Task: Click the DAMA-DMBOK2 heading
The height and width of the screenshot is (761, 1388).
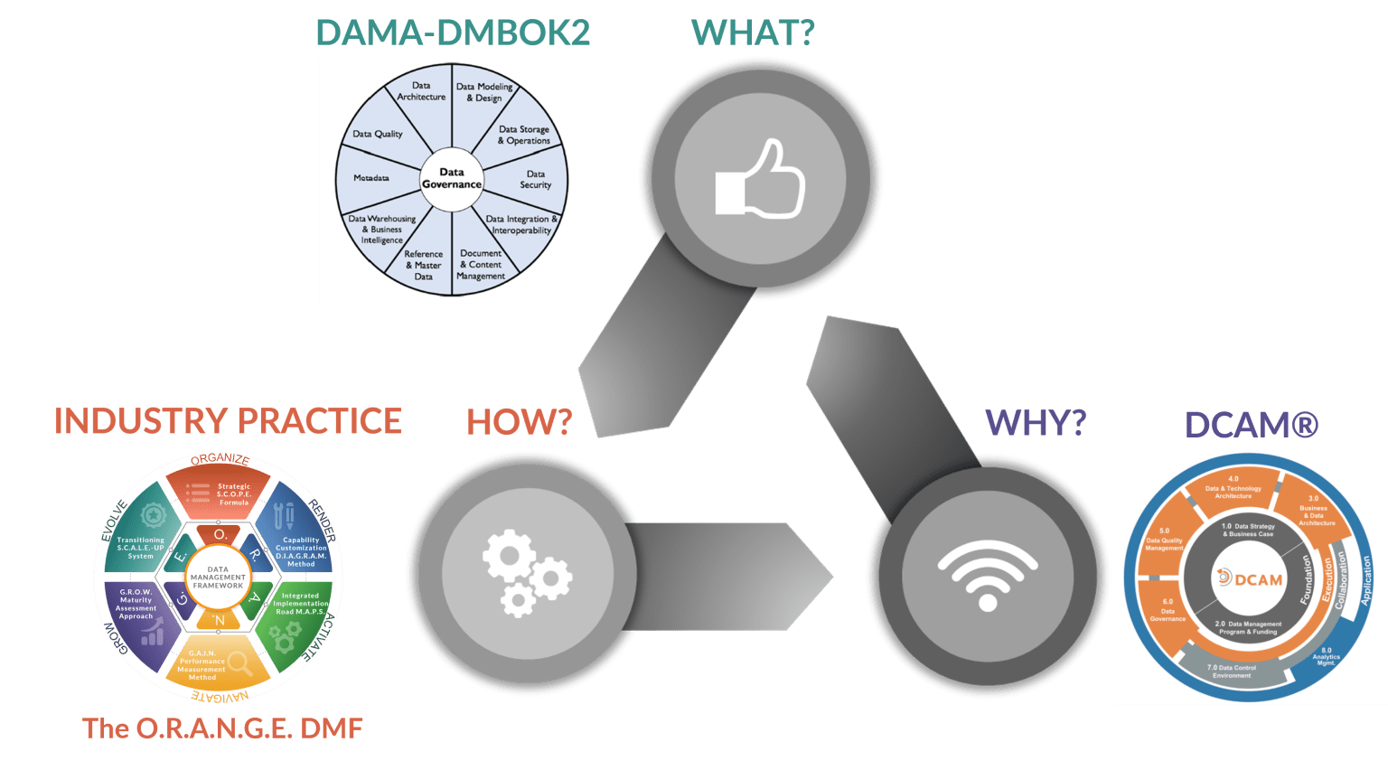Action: (453, 33)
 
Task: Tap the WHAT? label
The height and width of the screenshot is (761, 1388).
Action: (753, 33)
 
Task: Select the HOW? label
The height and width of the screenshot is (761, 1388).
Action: (519, 421)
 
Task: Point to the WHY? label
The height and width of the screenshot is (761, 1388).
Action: (1035, 421)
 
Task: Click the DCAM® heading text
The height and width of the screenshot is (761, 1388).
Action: (1252, 424)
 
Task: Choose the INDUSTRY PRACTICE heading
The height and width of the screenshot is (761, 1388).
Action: (227, 421)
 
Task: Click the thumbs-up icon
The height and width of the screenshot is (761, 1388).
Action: (759, 178)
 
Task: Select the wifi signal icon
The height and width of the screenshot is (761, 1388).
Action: (987, 576)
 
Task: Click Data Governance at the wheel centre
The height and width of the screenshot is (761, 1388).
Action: (452, 178)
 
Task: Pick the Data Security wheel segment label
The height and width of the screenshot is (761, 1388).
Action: (535, 179)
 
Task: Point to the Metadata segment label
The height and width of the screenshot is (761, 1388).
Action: (371, 178)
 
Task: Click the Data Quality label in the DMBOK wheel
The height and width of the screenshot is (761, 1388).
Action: (378, 134)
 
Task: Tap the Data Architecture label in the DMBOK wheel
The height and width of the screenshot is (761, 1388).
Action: (421, 91)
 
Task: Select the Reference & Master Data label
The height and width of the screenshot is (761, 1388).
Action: (423, 265)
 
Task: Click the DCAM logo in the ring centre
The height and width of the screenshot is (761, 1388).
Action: (1251, 578)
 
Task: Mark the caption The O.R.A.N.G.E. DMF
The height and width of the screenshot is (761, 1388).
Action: (223, 728)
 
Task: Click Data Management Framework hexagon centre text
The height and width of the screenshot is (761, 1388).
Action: (218, 578)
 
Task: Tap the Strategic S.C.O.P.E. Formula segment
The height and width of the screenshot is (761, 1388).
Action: (232, 493)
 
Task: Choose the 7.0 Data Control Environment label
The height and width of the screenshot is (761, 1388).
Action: (1232, 672)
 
